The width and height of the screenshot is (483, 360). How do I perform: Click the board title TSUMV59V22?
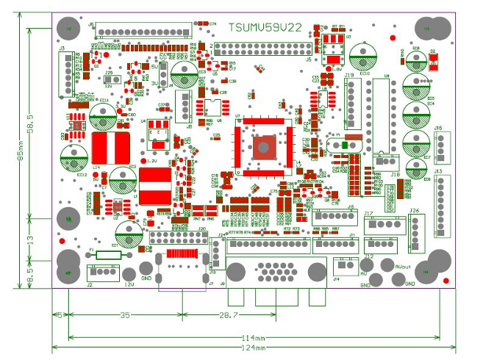tap(265, 28)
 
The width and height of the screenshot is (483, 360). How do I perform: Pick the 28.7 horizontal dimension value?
tap(210, 314)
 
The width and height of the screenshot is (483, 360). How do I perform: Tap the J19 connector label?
tap(348, 75)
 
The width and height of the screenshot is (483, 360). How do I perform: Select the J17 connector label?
tap(368, 214)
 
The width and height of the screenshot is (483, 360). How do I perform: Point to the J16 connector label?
tap(438, 129)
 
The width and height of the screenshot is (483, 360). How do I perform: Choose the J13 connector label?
tap(438, 171)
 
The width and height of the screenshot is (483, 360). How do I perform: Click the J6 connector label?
tap(91, 24)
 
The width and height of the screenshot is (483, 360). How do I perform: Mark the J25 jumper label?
tap(109, 73)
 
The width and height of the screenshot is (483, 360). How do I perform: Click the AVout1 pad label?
tap(403, 267)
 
